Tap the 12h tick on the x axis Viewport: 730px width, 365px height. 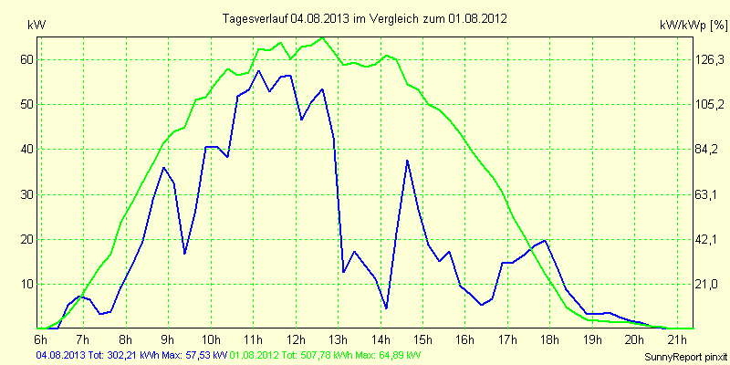coord(297,340)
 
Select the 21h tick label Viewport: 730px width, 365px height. coord(677,340)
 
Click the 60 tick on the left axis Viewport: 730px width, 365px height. coord(26,59)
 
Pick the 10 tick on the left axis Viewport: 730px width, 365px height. coord(26,284)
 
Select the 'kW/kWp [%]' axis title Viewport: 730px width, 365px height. coord(691,27)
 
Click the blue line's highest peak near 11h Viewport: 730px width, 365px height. coord(258,70)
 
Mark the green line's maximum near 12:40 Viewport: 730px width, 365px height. coord(323,37)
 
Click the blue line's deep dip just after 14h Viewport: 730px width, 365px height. coord(387,308)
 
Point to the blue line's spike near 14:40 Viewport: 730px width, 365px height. coord(407,161)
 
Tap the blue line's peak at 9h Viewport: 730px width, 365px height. coord(163,168)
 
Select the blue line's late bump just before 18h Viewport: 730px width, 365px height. coord(545,240)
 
